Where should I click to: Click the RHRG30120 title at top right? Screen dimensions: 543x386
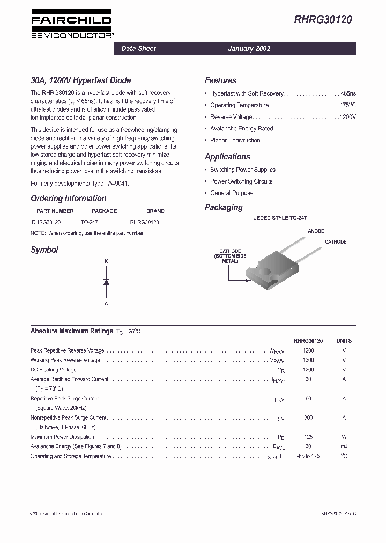[x=323, y=20]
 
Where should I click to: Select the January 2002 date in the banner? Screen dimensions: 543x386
[x=249, y=48]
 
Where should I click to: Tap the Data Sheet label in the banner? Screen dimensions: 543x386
[x=138, y=48]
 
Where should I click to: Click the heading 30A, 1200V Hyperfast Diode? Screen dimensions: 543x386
[x=80, y=80]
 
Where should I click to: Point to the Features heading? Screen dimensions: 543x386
[x=220, y=80]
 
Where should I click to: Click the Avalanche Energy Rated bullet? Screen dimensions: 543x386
[x=241, y=129]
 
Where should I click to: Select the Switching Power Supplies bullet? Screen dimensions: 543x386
[x=242, y=170]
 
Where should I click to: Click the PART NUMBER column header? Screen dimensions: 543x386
[x=55, y=211]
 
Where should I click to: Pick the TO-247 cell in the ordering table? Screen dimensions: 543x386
[x=89, y=222]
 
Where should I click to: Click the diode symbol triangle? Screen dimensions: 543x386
[x=106, y=282]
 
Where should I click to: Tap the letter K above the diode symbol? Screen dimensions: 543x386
[x=106, y=261]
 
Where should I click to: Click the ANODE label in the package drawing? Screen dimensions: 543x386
[x=316, y=231]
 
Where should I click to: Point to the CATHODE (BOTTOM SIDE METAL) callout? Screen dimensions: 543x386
[x=230, y=256]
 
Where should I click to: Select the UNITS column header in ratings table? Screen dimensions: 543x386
[x=344, y=341]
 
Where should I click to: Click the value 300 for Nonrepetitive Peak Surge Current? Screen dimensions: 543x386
[x=308, y=417]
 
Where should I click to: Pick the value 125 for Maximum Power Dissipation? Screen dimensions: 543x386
[x=308, y=437]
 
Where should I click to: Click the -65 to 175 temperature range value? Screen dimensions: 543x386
[x=308, y=456]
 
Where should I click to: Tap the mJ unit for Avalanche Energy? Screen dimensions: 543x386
[x=344, y=446]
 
